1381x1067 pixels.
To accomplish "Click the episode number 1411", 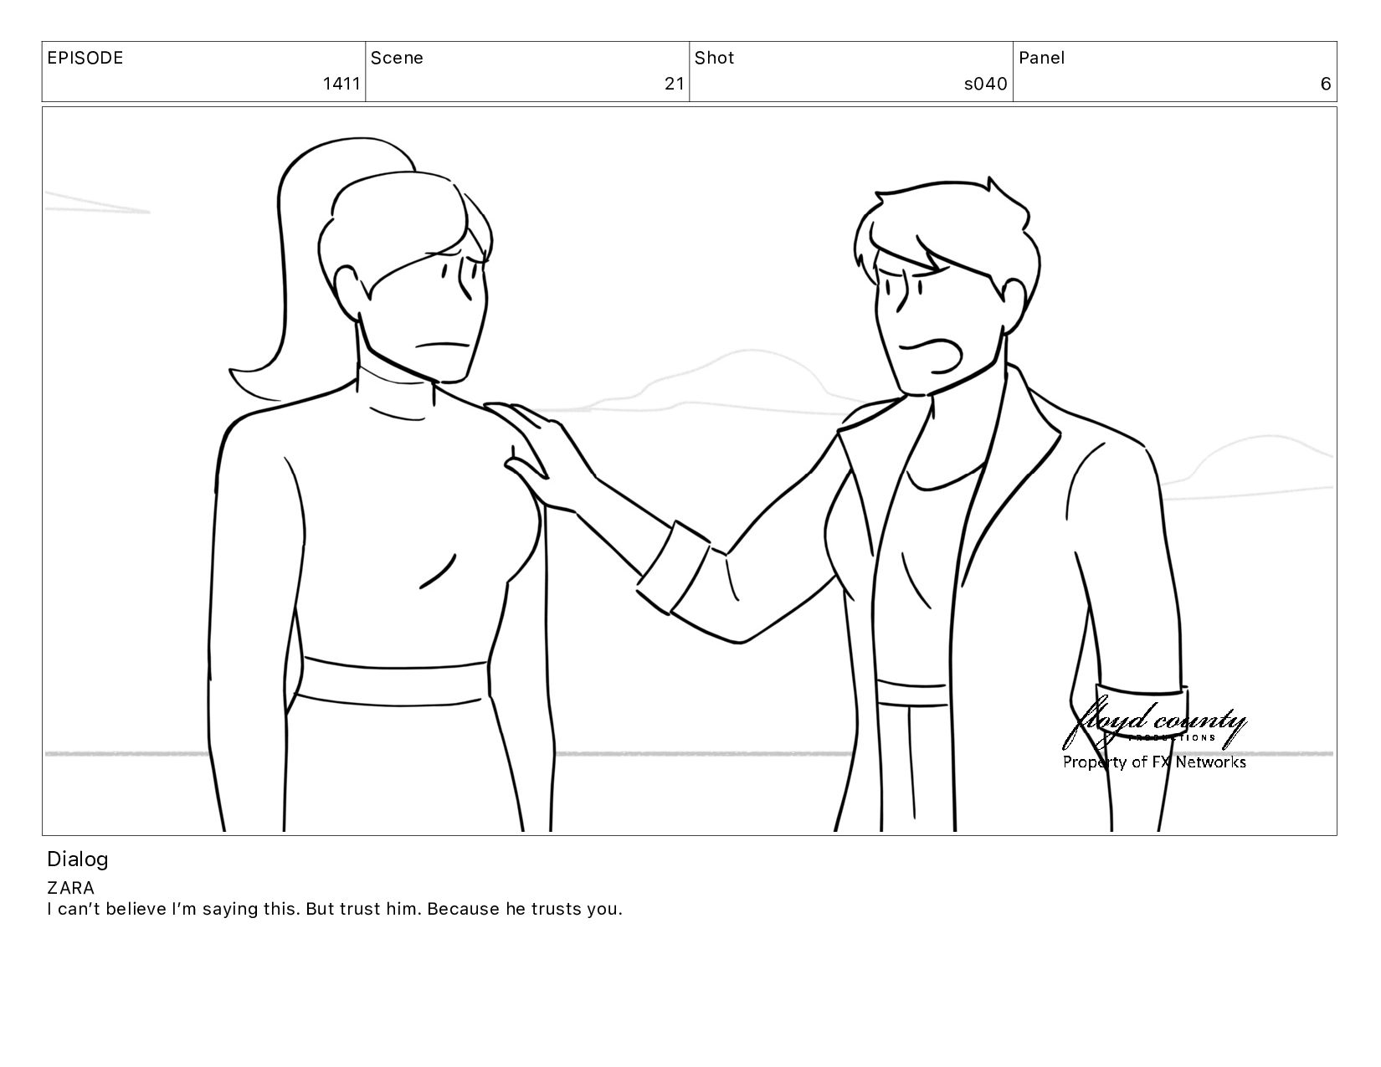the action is point(341,84).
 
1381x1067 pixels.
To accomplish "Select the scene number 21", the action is point(675,84).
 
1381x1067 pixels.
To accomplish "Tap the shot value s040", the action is point(986,84).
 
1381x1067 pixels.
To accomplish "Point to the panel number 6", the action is point(1326,84).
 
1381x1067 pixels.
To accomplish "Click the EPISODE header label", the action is point(85,58).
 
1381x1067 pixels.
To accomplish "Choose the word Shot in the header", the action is point(714,58).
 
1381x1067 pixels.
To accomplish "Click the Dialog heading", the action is point(78,859).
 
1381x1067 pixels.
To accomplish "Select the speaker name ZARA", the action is point(70,888).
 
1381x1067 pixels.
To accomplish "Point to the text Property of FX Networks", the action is point(1154,762).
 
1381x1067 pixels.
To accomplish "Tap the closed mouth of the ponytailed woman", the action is point(443,346).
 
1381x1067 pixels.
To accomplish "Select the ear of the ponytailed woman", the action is point(350,293).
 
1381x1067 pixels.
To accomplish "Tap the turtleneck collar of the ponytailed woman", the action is point(396,393).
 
